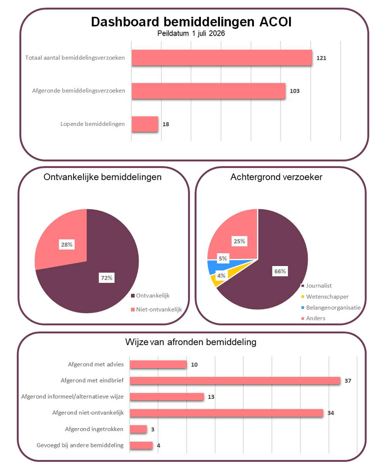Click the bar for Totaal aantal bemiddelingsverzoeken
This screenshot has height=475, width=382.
tap(222, 58)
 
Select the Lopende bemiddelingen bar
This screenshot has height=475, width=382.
tap(145, 124)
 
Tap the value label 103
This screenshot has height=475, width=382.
tap(295, 91)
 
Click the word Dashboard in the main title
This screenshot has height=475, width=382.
tap(125, 22)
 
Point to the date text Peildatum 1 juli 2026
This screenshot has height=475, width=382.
tap(191, 33)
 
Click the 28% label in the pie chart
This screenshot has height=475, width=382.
tap(66, 244)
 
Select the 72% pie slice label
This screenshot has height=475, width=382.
tap(106, 277)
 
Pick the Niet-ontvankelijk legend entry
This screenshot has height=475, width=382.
tap(156, 310)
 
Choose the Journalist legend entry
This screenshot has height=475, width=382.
tap(316, 286)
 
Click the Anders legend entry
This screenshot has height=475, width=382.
tap(313, 318)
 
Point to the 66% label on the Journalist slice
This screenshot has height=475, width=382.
tap(280, 271)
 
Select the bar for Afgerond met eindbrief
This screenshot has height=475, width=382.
tap(235, 380)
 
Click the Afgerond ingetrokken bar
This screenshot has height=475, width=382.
tap(138, 429)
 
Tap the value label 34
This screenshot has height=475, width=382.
tap(331, 413)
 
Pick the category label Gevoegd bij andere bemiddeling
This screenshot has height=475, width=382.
tap(80, 445)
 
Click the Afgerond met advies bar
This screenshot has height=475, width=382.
tap(158, 365)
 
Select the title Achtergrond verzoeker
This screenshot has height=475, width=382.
tap(276, 177)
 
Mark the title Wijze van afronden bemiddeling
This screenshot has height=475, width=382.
tap(191, 342)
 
